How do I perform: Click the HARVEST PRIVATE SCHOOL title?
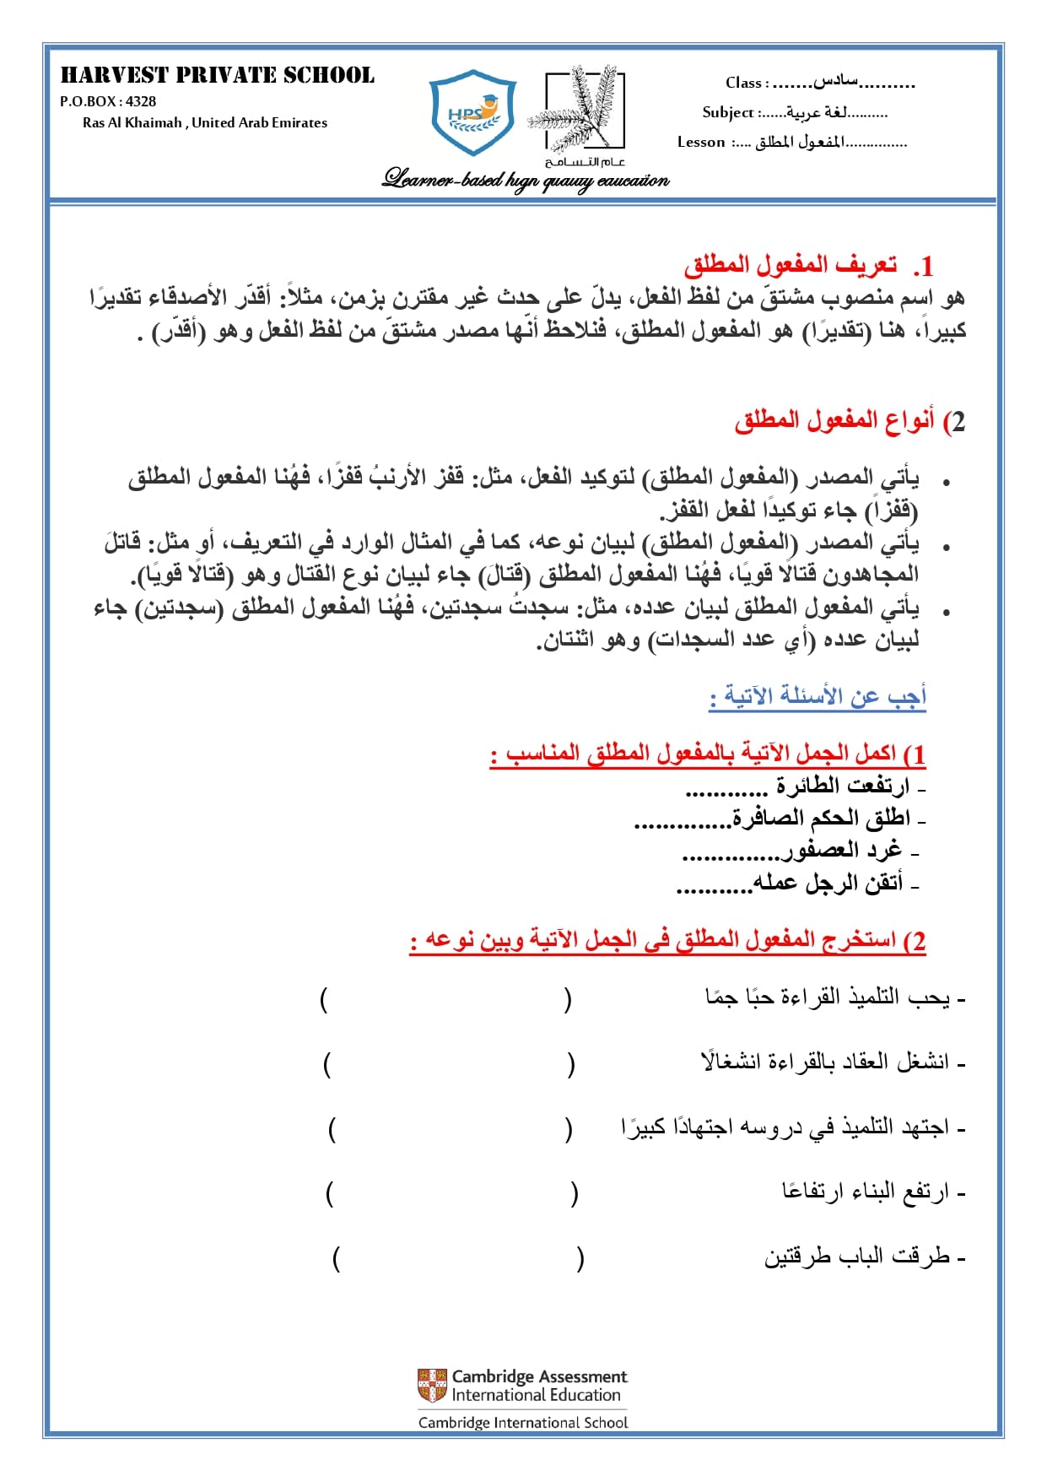pos(217,76)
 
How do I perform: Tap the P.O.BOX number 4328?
pos(141,101)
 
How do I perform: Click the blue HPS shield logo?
pos(472,113)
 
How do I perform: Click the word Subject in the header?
pos(727,112)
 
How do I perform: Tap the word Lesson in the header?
pos(701,142)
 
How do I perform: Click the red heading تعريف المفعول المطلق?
pos(791,266)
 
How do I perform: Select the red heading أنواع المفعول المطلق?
pos(835,420)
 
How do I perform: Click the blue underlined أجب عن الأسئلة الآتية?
pos(818,696)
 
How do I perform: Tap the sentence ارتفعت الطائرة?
pos(842,786)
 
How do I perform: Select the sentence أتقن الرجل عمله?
pos(828,883)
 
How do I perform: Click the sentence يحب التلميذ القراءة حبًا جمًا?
pos(828,997)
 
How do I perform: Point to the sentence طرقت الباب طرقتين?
pos(858,1257)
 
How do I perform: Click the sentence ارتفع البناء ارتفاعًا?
pos(866,1192)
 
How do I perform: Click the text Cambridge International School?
pos(523,1422)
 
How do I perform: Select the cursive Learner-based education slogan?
pos(526,180)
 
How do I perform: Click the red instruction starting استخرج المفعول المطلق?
pos(668,940)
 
